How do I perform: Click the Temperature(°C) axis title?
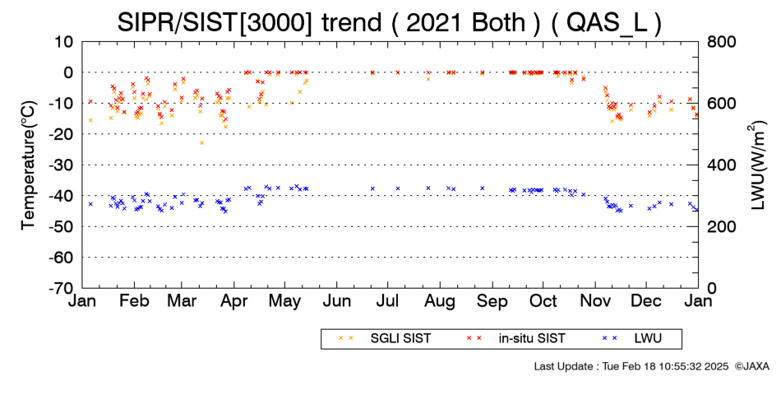point(29,165)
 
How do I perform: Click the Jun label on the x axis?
point(337,301)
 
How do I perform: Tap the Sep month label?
point(492,301)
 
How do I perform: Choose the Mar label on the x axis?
point(182,301)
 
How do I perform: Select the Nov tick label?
point(594,301)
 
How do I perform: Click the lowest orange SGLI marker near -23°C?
point(201,142)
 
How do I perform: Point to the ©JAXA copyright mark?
point(752,366)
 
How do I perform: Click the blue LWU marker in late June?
point(372,188)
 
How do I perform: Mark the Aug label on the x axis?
point(440,301)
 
